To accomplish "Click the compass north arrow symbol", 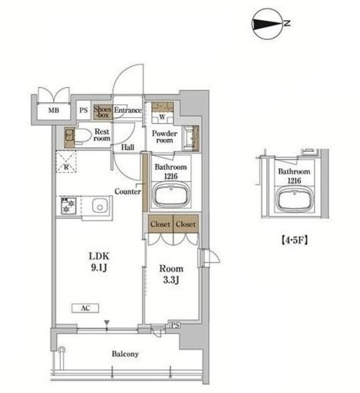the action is (x=268, y=24).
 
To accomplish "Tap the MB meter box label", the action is (x=53, y=110).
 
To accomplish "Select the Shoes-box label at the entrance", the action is (x=102, y=112).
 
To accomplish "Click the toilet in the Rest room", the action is (x=82, y=136).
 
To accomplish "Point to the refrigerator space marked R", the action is (x=66, y=161).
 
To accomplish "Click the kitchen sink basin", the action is (x=99, y=206).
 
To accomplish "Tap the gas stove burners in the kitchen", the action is (x=68, y=206).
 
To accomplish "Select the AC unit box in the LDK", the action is (x=85, y=308).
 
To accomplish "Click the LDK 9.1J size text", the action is (x=99, y=262).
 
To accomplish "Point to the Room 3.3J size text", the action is (x=171, y=274).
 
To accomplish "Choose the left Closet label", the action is (x=160, y=224).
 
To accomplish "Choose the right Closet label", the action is (x=185, y=224).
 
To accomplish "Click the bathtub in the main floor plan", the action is (x=171, y=195).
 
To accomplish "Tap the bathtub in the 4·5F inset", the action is (x=294, y=200).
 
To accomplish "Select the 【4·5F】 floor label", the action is (x=294, y=240).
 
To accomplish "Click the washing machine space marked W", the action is (x=163, y=117).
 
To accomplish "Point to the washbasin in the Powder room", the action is (x=191, y=138).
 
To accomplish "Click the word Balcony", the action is (x=125, y=354).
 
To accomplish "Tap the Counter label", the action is (x=128, y=192).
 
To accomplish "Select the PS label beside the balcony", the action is (x=175, y=325).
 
